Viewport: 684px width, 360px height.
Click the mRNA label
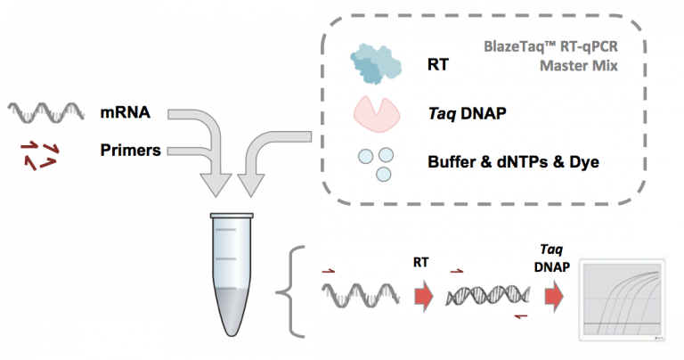point(126,112)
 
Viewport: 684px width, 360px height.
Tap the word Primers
point(130,150)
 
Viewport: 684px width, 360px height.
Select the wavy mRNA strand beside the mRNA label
point(45,113)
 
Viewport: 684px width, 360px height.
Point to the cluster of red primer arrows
point(39,155)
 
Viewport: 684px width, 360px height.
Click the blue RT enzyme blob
point(376,63)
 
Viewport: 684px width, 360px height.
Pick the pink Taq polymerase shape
point(377,114)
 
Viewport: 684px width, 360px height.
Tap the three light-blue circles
point(376,165)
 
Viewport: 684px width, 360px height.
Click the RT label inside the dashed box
point(438,64)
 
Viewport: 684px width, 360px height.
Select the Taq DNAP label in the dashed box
point(468,114)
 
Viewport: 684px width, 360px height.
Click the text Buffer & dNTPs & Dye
point(513,162)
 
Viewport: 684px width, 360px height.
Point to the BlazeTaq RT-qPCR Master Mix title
point(551,56)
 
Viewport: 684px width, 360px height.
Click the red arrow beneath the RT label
point(424,297)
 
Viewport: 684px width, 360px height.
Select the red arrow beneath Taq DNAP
point(554,297)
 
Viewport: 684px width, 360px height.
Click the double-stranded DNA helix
point(488,296)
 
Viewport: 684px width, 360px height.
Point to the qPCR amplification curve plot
point(622,299)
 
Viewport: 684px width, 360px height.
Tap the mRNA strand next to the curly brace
point(361,296)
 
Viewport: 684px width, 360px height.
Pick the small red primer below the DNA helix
point(521,316)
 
